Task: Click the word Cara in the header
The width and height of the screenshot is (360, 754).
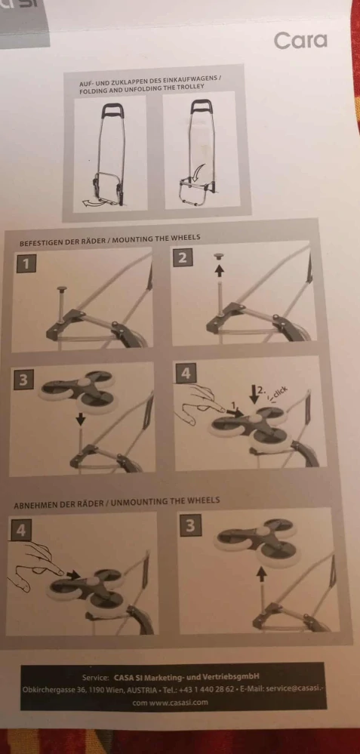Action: pos(300,41)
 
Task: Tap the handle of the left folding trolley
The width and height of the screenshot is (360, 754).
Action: pos(112,111)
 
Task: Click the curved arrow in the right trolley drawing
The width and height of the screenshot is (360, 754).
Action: pos(198,174)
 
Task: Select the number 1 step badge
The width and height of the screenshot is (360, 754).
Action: pos(26,263)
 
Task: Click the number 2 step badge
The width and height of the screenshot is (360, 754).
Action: pos(182,257)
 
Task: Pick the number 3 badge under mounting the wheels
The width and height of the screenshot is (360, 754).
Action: pos(23,380)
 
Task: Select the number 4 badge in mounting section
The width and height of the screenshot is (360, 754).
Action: pos(186,373)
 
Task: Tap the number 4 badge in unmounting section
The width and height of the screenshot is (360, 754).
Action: pos(20,530)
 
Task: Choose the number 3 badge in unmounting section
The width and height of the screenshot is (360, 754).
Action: pos(190,525)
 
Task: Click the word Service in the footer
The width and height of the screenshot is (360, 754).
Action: pos(96,678)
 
